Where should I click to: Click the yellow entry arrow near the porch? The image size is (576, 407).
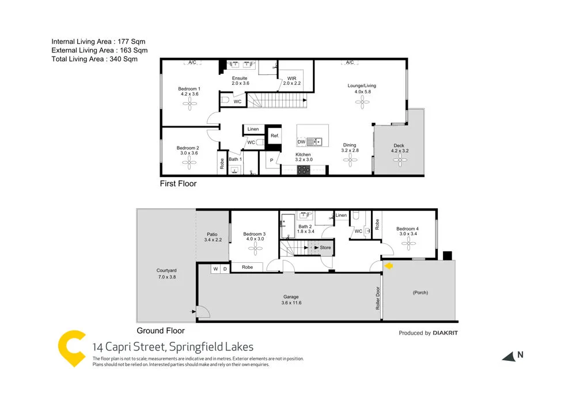(389, 266)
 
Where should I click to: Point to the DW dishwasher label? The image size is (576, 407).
(301, 142)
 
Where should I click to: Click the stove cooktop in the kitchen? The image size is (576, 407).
(303, 169)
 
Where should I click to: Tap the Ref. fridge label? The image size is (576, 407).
(275, 135)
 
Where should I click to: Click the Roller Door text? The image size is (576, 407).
(378, 299)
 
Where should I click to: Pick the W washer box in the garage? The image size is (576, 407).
(215, 269)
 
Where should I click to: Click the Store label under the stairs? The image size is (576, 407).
(325, 248)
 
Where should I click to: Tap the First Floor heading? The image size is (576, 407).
(178, 184)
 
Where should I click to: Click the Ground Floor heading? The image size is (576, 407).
(161, 331)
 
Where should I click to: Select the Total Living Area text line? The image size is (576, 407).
(94, 59)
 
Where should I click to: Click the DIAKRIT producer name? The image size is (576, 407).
(445, 333)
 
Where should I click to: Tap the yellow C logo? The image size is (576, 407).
(73, 348)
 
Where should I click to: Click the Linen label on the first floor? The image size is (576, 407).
(253, 129)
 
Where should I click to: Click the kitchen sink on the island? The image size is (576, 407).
(314, 141)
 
